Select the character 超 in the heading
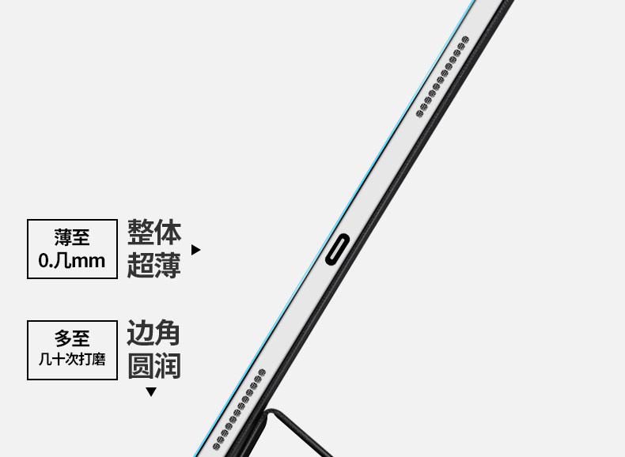pos(141,265)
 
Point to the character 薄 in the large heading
pos(168,265)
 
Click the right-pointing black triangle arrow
pos(196,250)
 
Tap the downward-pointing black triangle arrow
pos(151,391)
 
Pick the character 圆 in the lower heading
pos(141,366)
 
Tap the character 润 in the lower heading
pos(168,366)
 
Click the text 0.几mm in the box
pos(71,260)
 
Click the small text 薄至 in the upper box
pos(71,236)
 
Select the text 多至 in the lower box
pos(71,338)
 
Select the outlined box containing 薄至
pos(71,248)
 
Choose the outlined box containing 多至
pos(71,349)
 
